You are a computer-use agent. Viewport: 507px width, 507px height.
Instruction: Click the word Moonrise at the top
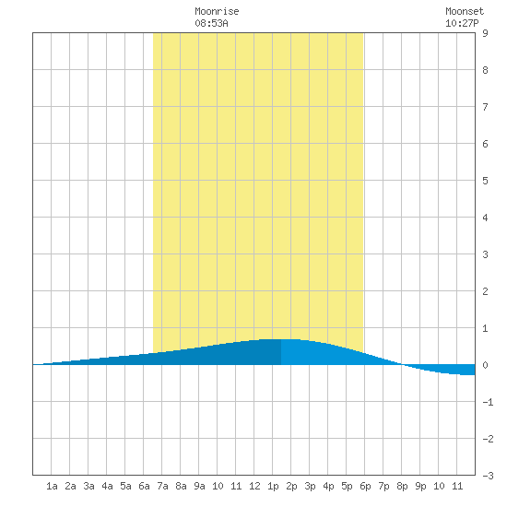217,12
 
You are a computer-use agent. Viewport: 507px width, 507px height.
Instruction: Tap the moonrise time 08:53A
211,24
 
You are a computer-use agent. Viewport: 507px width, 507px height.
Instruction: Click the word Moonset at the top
465,12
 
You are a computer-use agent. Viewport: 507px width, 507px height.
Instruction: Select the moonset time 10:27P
462,24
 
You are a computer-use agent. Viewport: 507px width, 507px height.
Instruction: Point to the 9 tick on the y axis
485,33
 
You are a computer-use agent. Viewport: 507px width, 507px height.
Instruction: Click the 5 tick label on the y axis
485,181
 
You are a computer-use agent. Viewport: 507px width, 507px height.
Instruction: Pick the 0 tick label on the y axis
485,365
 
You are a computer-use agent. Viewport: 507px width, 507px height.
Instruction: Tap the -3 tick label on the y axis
488,476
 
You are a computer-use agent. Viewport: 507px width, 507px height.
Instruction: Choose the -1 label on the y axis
488,402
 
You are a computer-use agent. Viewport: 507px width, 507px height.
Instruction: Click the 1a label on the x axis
52,486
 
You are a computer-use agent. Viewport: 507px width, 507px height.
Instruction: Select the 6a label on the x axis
144,486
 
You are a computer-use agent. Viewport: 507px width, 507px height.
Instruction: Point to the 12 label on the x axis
254,486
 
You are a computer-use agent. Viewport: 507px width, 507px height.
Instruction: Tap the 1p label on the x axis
273,486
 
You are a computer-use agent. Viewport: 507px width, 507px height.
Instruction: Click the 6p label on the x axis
365,486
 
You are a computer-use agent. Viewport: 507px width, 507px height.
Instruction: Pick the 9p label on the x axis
420,486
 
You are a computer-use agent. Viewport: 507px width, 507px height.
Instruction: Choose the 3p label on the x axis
310,486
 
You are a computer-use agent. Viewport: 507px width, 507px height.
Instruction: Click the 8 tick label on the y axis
485,70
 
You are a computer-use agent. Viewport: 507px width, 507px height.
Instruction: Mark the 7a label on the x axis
162,486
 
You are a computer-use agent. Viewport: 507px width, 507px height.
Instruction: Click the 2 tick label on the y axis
485,291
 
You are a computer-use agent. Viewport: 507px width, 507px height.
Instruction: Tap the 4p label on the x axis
328,486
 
